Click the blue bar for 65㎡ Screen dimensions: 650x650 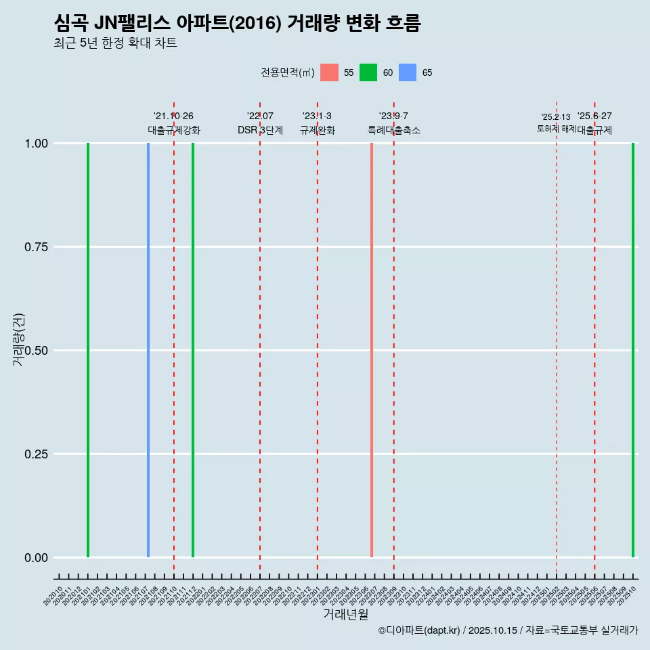[148, 350]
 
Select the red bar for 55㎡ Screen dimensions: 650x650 [372, 350]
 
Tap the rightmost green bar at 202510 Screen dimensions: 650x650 [633, 350]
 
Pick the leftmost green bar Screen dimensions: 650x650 [88, 350]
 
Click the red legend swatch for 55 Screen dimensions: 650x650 [329, 72]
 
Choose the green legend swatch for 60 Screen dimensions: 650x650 [368, 72]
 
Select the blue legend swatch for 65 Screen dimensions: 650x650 [408, 72]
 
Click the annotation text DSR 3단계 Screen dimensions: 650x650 [260, 130]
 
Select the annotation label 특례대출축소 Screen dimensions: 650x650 [394, 130]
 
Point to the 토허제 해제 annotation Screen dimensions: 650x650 [556, 128]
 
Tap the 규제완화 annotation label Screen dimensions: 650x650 [318, 130]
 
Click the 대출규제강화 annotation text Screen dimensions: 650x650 [174, 130]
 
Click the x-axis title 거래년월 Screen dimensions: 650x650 [346, 615]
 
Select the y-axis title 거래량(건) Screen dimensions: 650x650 [19, 339]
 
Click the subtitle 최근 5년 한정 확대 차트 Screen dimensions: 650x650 [115, 43]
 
